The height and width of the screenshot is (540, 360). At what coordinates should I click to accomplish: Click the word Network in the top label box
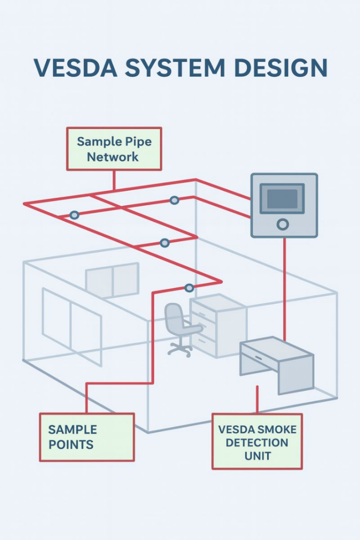click(x=113, y=157)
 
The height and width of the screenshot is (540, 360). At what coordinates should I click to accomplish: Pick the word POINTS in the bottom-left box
click(x=71, y=444)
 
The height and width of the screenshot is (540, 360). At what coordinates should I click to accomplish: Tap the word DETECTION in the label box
click(x=257, y=442)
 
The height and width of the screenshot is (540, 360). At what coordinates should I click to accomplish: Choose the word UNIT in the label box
click(x=257, y=455)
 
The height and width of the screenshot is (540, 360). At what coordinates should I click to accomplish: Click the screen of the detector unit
click(x=282, y=199)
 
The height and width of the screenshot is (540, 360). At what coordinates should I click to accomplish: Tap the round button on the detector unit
click(x=283, y=225)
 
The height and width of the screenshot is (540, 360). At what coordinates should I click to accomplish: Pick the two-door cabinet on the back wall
click(x=112, y=280)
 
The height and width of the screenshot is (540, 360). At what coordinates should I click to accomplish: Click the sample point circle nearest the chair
click(x=189, y=287)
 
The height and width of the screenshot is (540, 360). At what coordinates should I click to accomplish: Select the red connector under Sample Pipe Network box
click(x=114, y=180)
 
